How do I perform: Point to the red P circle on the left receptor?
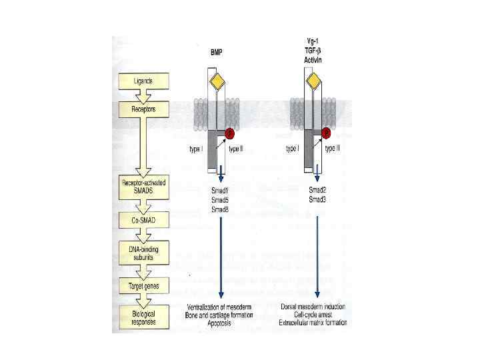point(229,133)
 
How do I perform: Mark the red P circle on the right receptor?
point(327,133)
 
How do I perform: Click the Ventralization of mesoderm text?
point(219,306)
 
